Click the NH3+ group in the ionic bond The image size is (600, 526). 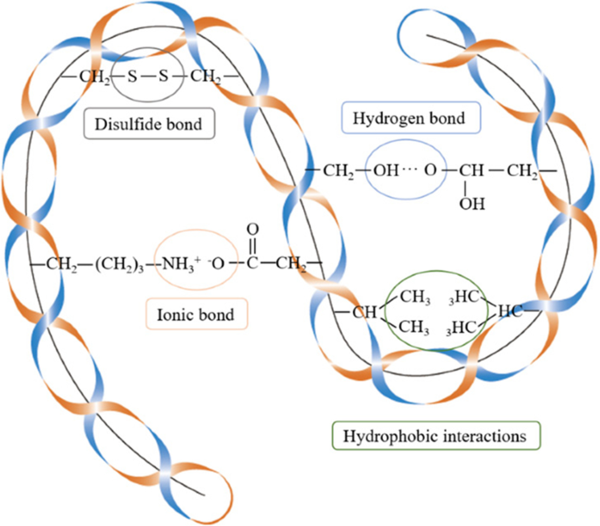(x=182, y=263)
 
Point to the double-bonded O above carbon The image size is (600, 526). (x=253, y=230)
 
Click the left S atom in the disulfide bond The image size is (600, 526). (x=132, y=77)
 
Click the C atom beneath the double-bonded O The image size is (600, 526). (x=253, y=263)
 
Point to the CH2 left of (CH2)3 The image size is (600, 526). (x=62, y=263)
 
